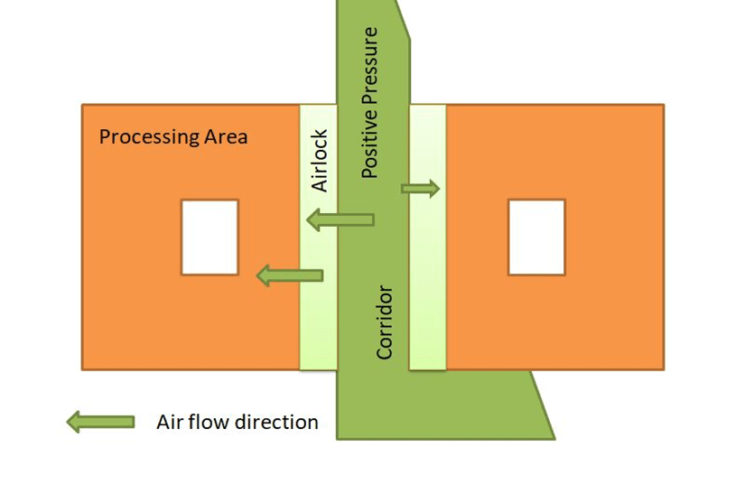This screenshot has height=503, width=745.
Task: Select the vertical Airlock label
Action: [x=319, y=161]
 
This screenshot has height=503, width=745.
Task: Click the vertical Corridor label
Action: [x=385, y=322]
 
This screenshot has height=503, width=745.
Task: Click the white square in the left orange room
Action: [x=210, y=238]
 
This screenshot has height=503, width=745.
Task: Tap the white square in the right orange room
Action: [x=536, y=238]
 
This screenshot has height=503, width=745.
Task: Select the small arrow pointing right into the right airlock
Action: [x=420, y=189]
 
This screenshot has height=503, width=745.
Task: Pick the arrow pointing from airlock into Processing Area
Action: [x=290, y=275]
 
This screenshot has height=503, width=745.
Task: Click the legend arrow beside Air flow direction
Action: [x=100, y=422]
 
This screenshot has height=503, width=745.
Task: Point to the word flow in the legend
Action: [x=208, y=422]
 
